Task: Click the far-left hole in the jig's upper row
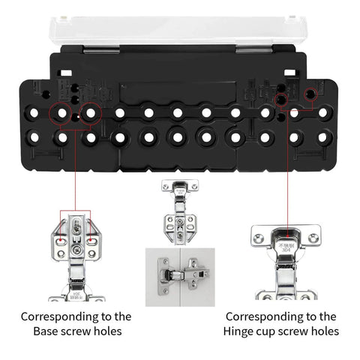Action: [34, 113]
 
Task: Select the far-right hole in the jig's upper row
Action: [323, 113]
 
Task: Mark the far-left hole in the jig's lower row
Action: [34, 138]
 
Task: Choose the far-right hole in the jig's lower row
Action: [323, 138]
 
